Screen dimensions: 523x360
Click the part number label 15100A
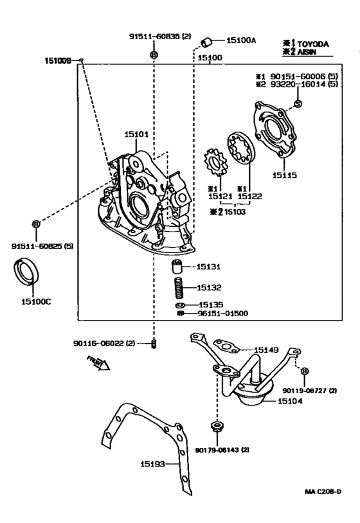point(242,40)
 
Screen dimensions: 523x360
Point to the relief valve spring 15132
point(179,287)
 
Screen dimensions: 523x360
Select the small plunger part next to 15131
point(179,267)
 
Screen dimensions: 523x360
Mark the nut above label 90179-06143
point(217,426)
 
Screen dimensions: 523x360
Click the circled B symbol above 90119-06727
point(304,371)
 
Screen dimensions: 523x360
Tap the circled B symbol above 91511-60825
point(36,224)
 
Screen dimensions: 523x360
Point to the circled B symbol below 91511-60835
point(153,55)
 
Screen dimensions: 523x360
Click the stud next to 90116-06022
point(154,344)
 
